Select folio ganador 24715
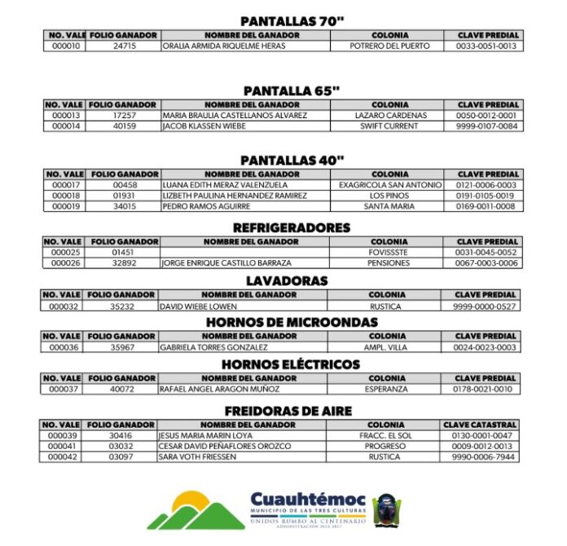[x=125, y=46]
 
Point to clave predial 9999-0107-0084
[x=487, y=126]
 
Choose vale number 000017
[x=64, y=185]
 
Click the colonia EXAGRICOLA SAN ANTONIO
[x=389, y=185]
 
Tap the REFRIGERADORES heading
[x=291, y=228]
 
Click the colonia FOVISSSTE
[x=389, y=253]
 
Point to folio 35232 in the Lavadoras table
[x=122, y=306]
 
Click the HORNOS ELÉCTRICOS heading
[x=291, y=364]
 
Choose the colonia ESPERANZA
[x=387, y=390]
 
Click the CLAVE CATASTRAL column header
[x=480, y=425]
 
